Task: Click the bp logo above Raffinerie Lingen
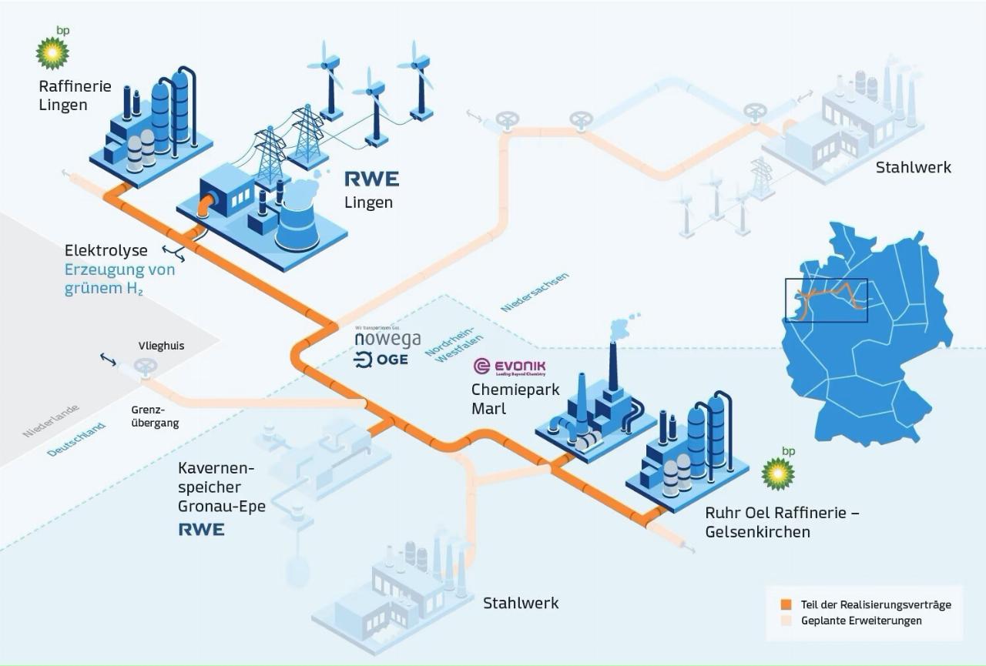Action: (x=53, y=50)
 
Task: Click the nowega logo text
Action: (x=387, y=340)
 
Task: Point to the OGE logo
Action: (x=381, y=360)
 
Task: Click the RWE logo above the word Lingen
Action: (x=371, y=179)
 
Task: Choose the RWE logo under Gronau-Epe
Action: (x=201, y=530)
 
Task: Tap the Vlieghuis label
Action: (x=161, y=346)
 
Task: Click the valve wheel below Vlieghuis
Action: (x=144, y=368)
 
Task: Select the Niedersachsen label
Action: (x=535, y=292)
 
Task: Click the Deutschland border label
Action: (x=75, y=440)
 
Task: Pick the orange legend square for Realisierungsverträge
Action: (x=786, y=604)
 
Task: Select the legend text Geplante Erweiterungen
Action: (x=860, y=621)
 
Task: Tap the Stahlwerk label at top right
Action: (x=913, y=167)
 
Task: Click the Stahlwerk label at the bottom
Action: (x=521, y=603)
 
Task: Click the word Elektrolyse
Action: (x=106, y=251)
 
